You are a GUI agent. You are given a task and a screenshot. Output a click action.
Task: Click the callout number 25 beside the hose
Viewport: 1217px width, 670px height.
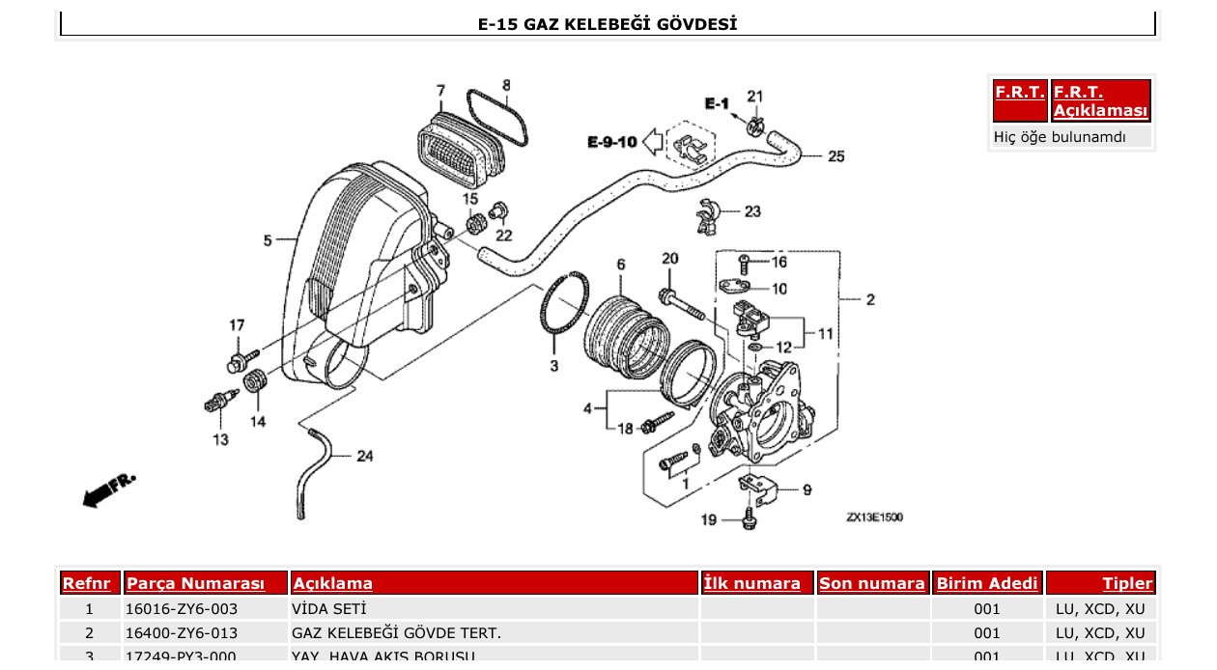[835, 156]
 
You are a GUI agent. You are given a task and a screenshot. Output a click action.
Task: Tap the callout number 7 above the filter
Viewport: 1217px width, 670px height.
[440, 91]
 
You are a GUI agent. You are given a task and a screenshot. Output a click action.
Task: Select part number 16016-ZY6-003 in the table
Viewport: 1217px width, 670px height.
[182, 609]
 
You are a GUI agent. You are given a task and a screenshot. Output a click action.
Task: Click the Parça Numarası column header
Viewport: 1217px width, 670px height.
[195, 584]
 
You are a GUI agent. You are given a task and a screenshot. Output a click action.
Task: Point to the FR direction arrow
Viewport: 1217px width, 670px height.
[108, 490]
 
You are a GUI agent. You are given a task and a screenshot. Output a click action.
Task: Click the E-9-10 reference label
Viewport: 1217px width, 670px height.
[611, 142]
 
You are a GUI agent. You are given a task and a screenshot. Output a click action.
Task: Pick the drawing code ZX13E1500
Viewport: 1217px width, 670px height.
[874, 517]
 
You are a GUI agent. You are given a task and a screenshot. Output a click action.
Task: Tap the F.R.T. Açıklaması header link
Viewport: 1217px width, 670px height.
[1101, 101]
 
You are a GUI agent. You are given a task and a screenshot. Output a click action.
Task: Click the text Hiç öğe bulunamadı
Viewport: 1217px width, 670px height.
[1060, 137]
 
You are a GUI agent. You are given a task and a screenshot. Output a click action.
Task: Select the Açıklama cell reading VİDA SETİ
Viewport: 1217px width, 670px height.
[329, 609]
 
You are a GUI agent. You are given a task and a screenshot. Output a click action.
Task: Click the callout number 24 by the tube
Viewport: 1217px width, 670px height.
[364, 456]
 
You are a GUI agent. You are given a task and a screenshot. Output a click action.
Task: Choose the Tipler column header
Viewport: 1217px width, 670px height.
[1127, 584]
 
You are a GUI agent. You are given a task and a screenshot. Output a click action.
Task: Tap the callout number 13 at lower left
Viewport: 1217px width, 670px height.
[221, 439]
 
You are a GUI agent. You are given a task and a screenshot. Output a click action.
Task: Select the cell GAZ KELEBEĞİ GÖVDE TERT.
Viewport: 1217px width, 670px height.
[396, 633]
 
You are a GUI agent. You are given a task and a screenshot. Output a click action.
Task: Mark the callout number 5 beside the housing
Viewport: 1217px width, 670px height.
[268, 240]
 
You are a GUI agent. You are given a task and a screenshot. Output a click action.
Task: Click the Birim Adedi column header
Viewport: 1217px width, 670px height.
[987, 584]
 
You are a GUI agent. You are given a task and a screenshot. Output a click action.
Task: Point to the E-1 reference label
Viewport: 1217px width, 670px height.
[716, 103]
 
